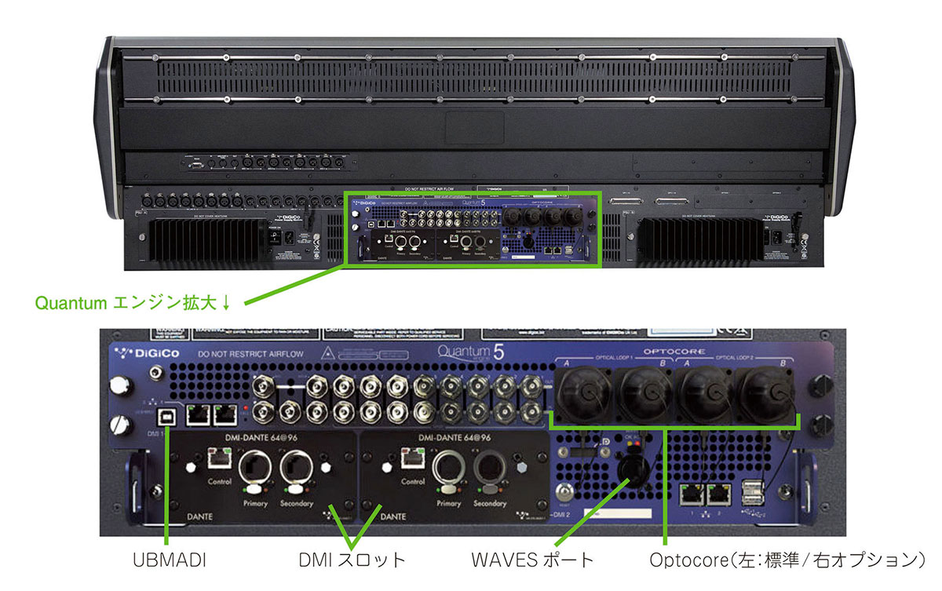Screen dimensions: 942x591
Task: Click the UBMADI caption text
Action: click(x=167, y=560)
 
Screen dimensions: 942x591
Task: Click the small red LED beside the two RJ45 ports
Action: click(x=248, y=410)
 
